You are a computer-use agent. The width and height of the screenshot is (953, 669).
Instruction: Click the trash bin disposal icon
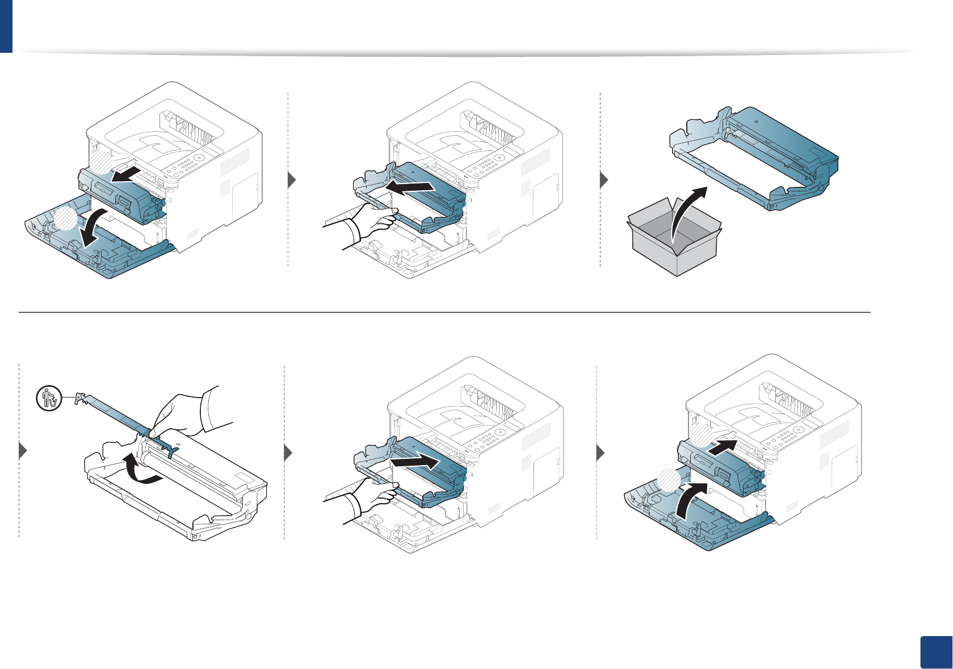point(49,398)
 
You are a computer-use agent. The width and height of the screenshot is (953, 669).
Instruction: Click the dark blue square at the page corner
point(934,652)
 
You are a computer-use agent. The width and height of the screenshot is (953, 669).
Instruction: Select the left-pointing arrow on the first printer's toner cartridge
point(125,174)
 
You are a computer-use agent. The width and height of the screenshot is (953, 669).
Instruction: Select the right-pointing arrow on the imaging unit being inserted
point(415,461)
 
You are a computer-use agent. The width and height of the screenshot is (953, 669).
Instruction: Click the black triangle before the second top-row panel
point(292,181)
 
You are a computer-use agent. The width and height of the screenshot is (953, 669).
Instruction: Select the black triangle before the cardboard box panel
point(604,181)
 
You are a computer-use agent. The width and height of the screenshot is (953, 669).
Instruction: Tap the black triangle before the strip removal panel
point(23,451)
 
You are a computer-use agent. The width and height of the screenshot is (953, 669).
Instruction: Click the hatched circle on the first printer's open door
point(65,219)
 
